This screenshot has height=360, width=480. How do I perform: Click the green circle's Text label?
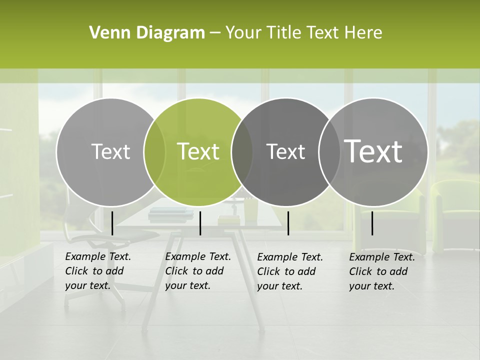point(198,151)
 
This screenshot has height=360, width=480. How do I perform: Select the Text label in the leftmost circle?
point(110,151)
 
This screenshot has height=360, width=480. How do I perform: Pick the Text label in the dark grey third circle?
point(285,151)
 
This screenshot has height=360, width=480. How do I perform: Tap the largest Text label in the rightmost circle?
point(373,151)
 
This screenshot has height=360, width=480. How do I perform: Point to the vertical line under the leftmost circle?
point(112,223)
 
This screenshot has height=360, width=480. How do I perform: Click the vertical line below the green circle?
point(200,223)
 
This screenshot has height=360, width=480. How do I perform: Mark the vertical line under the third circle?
point(288,223)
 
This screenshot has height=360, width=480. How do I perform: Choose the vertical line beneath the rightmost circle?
point(372,223)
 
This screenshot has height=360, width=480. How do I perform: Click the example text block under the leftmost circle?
point(97,271)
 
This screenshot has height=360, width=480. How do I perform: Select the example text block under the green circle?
point(197,271)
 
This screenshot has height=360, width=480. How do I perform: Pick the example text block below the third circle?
point(289,271)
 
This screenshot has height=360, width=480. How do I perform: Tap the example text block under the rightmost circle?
point(381,271)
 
